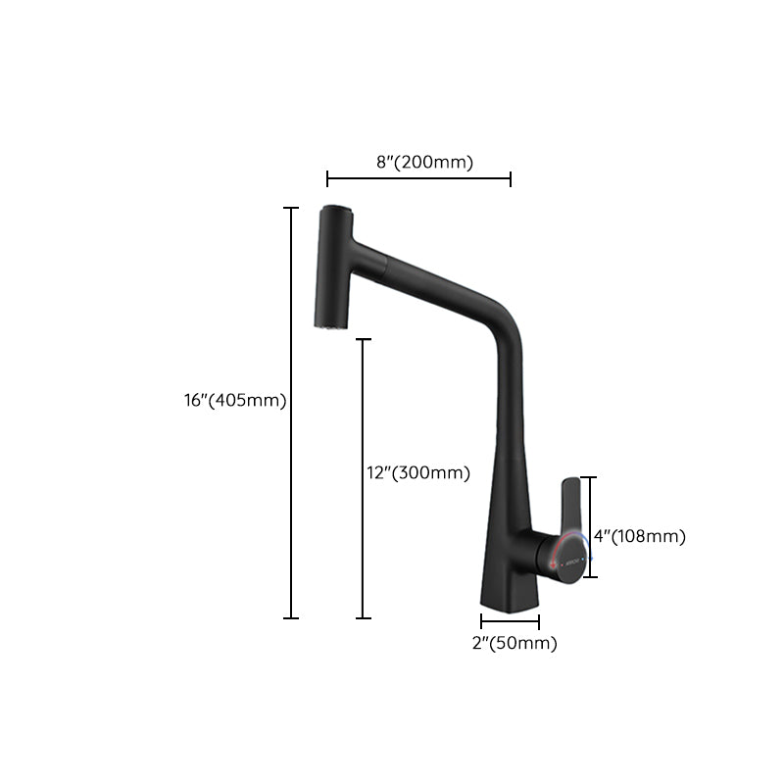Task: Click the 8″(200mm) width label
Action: point(424,163)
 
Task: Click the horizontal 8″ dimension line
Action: point(418,178)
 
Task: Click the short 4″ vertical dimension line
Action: point(588,510)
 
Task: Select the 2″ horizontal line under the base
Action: point(510,621)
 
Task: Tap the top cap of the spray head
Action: point(334,210)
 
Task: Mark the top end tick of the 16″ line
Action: point(291,208)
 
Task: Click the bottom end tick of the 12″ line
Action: point(365,618)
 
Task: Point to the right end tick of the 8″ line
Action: point(511,178)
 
